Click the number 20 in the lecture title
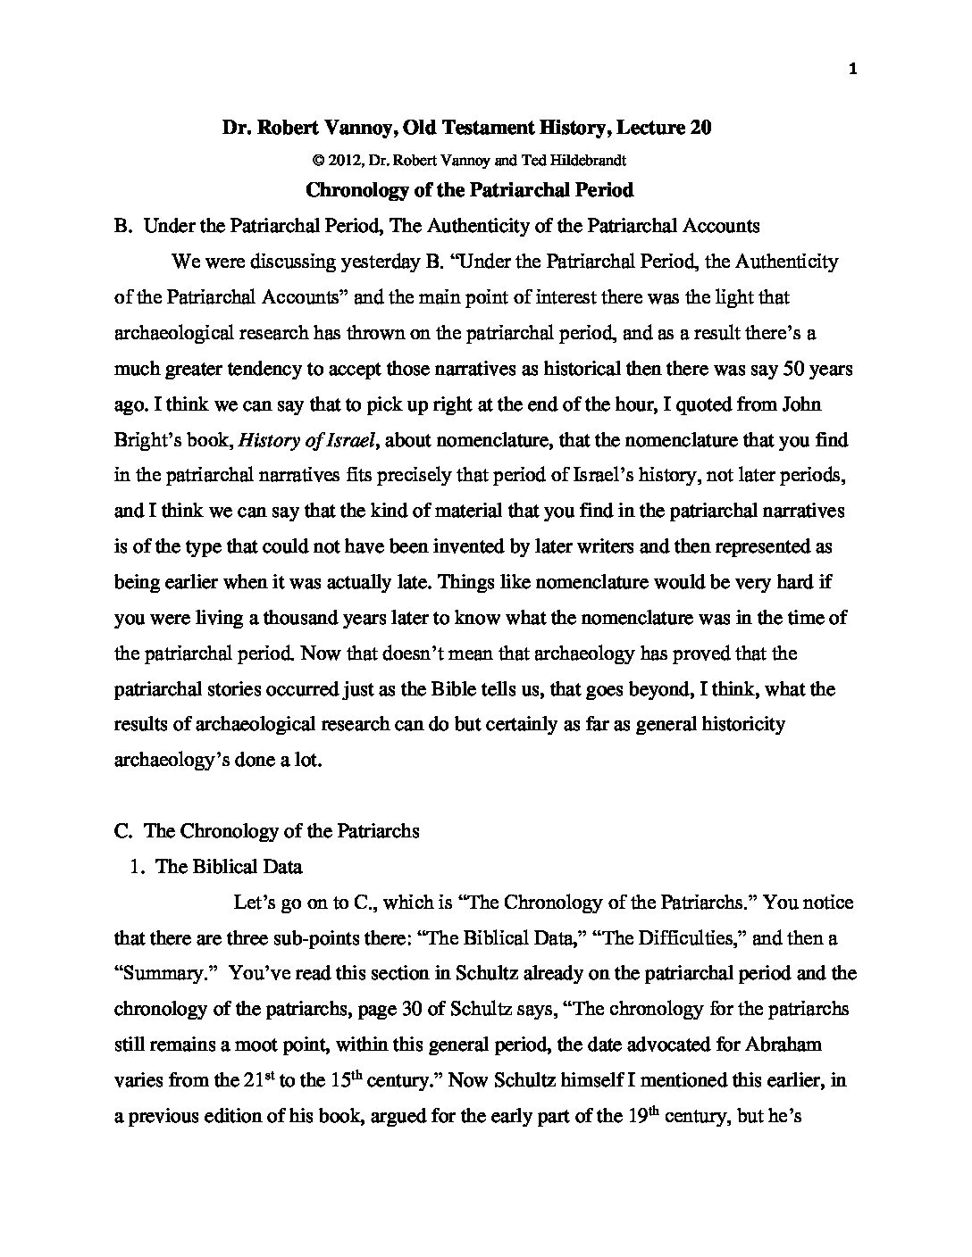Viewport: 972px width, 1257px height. click(x=700, y=128)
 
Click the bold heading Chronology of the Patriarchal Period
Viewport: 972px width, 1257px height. click(x=469, y=189)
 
